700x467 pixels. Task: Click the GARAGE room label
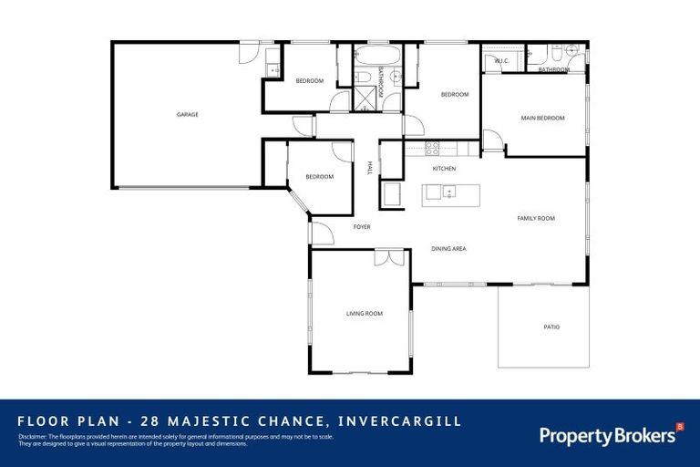(x=188, y=114)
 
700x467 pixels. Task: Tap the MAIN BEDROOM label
(x=542, y=118)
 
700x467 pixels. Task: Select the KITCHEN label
(x=444, y=169)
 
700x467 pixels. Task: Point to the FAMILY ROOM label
(x=536, y=218)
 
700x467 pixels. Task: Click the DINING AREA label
(x=448, y=248)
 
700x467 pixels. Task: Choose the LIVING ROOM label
(x=364, y=313)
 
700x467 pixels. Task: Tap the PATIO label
(x=551, y=327)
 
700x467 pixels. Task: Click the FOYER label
(x=362, y=226)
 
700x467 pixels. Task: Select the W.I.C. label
(x=501, y=61)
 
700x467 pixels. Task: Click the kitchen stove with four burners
(x=433, y=146)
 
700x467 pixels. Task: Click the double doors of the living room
(x=389, y=258)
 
